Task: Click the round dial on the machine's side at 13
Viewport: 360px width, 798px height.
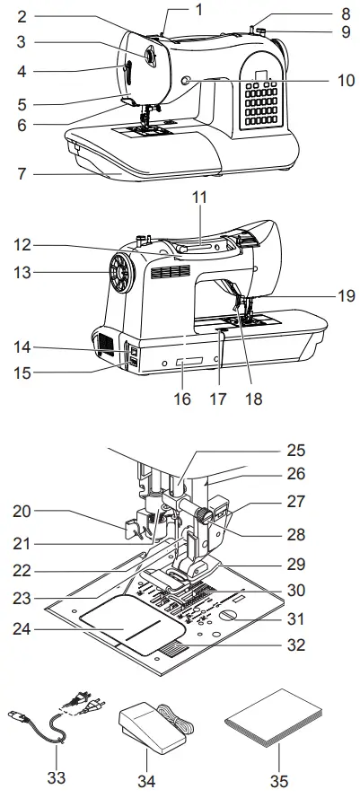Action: (x=117, y=268)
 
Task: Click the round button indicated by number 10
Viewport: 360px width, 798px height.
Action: (x=186, y=82)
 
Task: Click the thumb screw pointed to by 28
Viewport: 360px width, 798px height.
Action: (x=206, y=515)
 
